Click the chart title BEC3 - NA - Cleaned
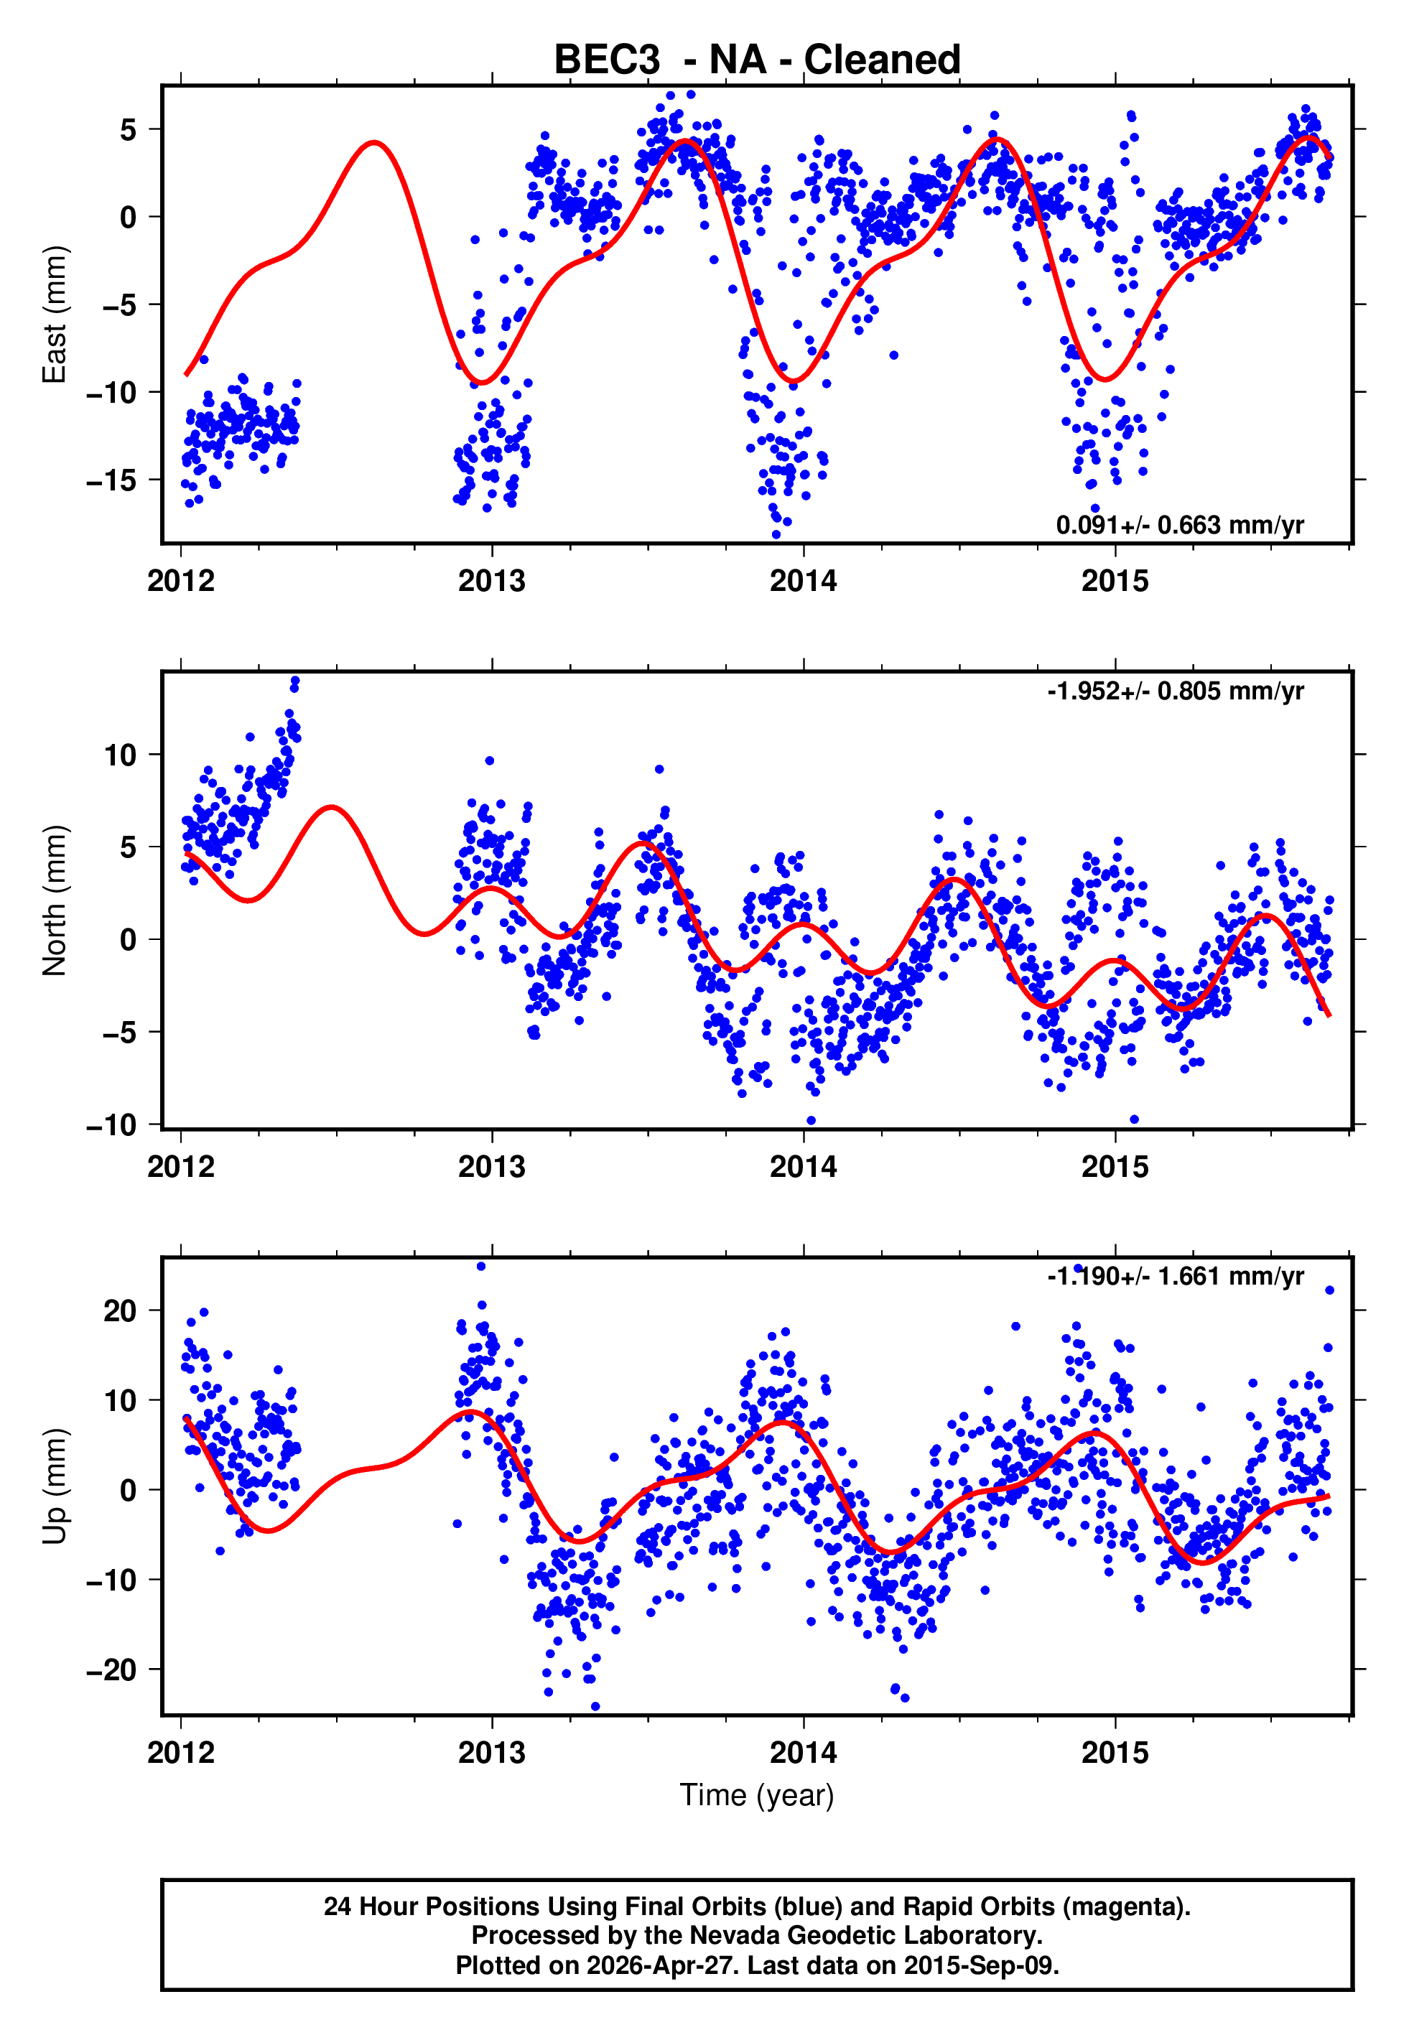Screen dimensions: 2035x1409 coord(757,60)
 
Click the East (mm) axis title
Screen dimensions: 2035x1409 coord(55,315)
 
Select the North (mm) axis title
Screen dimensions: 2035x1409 coord(55,900)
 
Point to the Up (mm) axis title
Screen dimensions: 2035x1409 coord(55,1486)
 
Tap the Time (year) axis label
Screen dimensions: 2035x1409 coord(757,1795)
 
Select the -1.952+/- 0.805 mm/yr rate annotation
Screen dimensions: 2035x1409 coord(1175,691)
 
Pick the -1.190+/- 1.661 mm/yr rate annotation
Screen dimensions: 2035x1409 coord(1175,1276)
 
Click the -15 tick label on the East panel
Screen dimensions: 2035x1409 coord(111,480)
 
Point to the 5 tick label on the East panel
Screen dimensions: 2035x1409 coord(129,130)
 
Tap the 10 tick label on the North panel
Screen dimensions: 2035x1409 coord(120,755)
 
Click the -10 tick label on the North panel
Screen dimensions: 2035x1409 coord(111,1125)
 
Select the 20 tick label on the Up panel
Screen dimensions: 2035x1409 coord(120,1311)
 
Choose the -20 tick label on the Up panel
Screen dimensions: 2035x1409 coord(111,1670)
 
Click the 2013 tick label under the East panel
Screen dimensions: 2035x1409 coord(492,582)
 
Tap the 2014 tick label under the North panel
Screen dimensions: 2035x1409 coord(804,1168)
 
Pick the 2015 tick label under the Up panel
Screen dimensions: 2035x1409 coord(1115,1753)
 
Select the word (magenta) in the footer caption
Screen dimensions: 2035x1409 coord(1127,1906)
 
